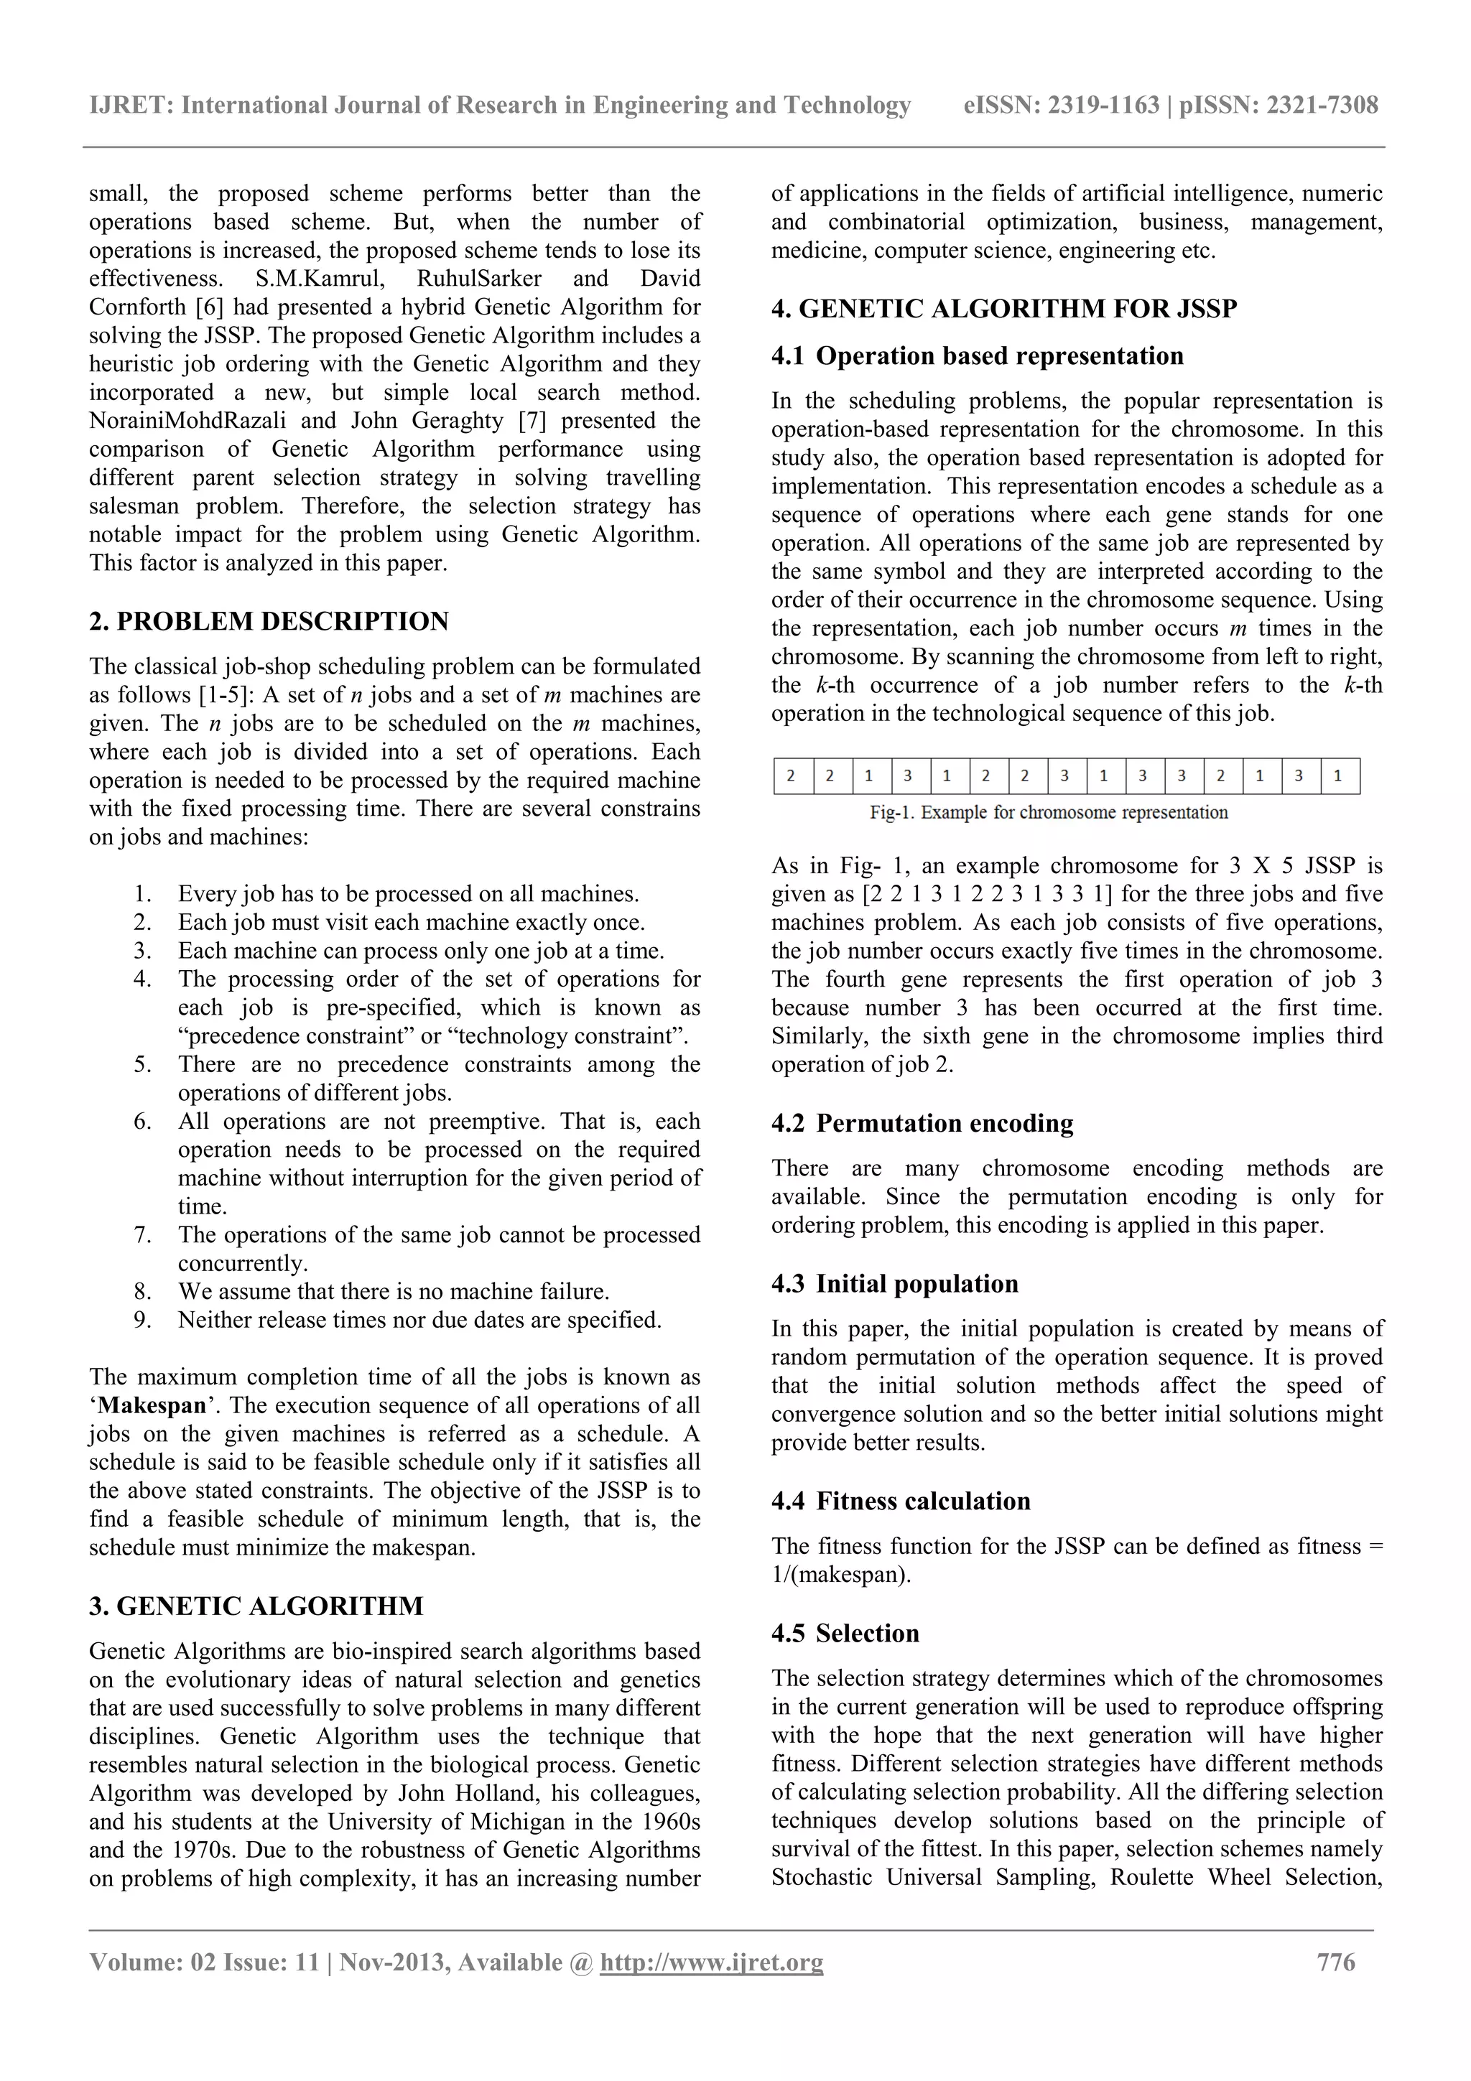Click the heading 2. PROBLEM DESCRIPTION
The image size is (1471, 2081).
269,621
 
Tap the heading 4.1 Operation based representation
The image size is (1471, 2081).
977,355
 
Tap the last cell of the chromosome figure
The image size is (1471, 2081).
1339,776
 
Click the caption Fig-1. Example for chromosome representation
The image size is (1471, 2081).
1048,812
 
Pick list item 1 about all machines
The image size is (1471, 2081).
408,894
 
